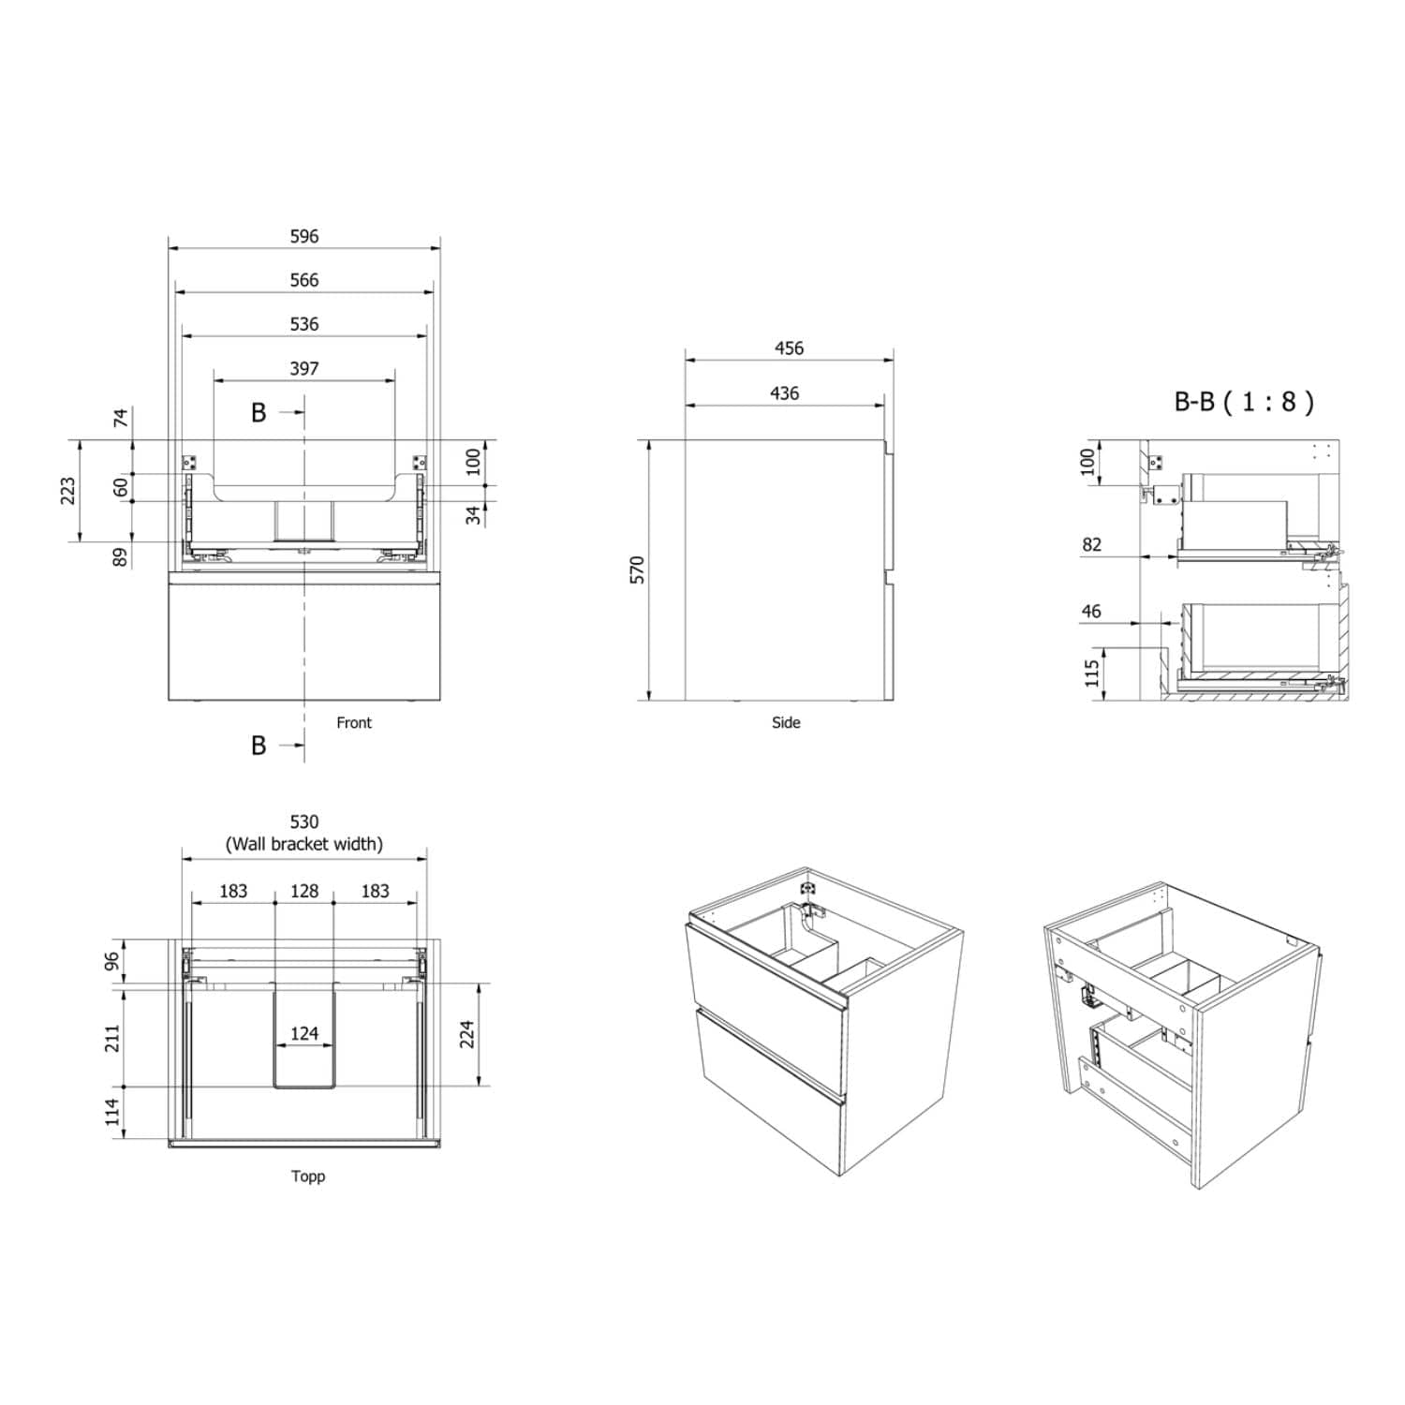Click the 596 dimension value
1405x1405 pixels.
tap(304, 236)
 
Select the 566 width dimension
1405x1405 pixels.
tap(304, 280)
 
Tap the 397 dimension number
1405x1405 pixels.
tap(304, 369)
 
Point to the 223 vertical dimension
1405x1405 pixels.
tap(68, 491)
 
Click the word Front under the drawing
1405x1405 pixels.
tap(354, 722)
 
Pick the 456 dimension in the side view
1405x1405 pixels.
tap(789, 348)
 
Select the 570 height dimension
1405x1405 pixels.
tap(638, 569)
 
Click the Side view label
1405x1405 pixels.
tap(786, 722)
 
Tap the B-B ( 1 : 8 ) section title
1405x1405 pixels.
tap(1244, 402)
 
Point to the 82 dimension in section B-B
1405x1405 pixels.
tap(1091, 545)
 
